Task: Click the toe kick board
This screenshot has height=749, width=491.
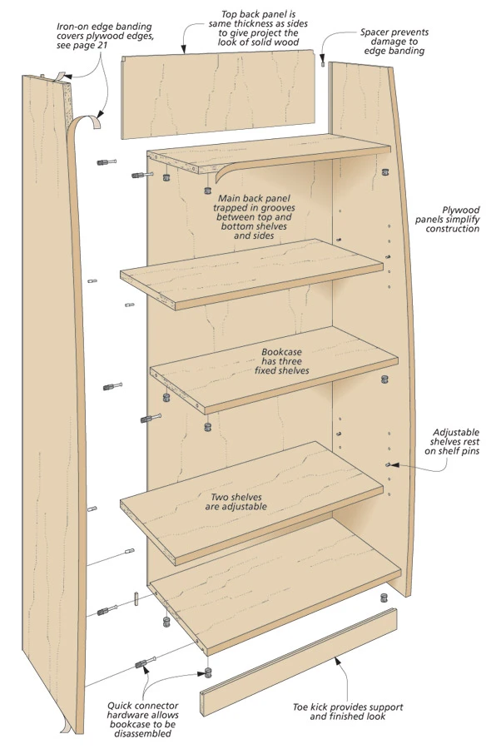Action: point(299,662)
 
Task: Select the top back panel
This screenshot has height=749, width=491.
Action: point(218,95)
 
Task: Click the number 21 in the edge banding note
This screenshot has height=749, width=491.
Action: point(102,46)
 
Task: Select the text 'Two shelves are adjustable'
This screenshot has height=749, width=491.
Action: point(236,502)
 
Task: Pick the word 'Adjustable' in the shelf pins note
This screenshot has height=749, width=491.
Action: point(456,432)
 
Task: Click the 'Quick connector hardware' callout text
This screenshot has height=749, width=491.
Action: point(143,719)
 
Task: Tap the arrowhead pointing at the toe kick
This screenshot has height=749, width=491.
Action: point(336,660)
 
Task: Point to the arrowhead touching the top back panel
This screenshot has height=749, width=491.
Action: point(183,48)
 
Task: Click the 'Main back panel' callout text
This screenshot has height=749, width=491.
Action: point(254,217)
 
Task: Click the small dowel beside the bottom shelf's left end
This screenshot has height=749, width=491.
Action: point(136,598)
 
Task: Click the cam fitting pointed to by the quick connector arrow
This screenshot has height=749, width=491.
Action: point(208,674)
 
